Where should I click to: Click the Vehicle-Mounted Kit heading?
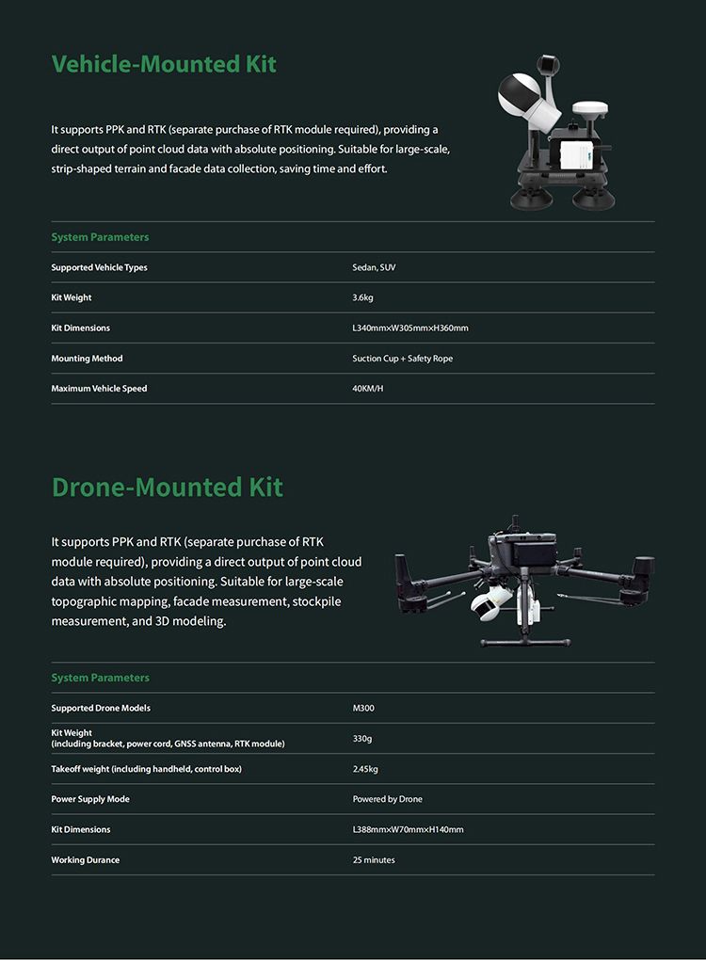coord(164,64)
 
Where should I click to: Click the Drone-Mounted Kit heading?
coord(167,487)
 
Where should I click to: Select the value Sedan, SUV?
coord(375,267)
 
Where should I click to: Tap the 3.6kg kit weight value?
coord(362,297)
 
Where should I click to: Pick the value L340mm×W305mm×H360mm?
coord(409,328)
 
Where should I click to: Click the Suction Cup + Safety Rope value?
coord(402,359)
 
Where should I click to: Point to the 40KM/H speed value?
coord(367,388)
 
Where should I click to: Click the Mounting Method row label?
coord(87,359)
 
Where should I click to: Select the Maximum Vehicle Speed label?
coord(99,388)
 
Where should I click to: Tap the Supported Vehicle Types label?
coord(99,267)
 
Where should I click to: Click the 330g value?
coord(361,739)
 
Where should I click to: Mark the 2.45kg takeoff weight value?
coord(365,769)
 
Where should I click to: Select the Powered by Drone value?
coord(387,799)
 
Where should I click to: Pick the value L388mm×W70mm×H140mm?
coord(408,829)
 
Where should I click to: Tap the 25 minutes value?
coord(374,860)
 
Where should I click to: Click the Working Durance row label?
coord(85,860)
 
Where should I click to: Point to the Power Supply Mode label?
coord(90,799)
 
